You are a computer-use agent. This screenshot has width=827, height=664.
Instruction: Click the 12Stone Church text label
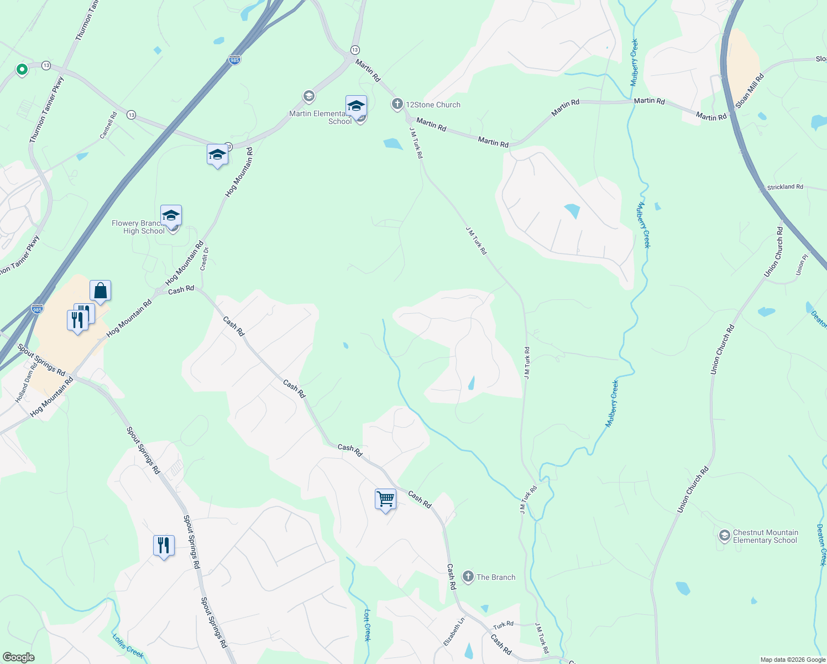pos(433,105)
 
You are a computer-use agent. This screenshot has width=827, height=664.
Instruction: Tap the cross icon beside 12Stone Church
pos(397,103)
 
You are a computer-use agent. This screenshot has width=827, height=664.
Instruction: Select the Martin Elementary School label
pos(317,117)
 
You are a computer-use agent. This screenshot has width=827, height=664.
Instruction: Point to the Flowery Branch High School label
pos(138,227)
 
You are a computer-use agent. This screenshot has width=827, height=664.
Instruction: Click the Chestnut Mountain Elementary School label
pos(765,536)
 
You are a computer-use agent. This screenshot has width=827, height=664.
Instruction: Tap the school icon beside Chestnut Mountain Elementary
pos(724,536)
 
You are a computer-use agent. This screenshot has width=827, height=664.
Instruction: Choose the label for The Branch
pos(496,577)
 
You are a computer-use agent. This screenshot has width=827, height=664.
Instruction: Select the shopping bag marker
pos(101,290)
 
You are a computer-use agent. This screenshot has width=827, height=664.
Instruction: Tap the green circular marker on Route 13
pos(22,69)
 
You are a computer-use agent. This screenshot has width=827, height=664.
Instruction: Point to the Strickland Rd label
pos(785,187)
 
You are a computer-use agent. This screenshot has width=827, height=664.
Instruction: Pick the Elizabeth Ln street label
pos(454,632)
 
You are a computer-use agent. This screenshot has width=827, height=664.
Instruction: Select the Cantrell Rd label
pos(108,126)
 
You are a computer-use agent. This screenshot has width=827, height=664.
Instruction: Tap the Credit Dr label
pos(205,258)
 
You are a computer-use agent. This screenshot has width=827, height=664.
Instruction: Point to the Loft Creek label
pos(368,625)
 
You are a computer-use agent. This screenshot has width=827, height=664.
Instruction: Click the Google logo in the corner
pos(19,657)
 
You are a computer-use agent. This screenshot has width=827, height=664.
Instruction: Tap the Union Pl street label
pos(802,265)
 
